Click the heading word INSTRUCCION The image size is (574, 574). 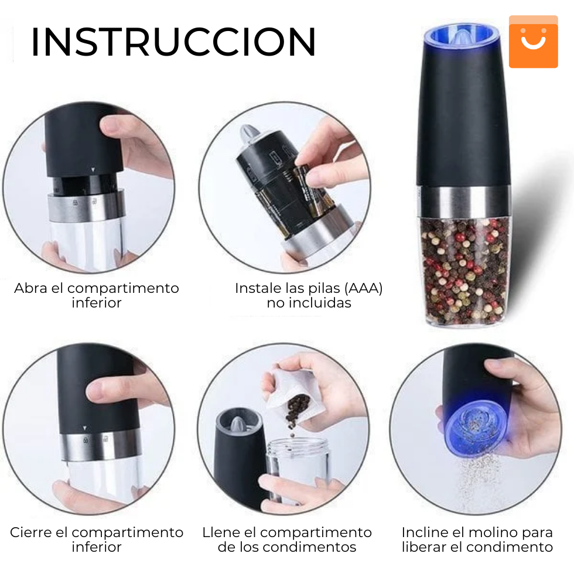point(173,42)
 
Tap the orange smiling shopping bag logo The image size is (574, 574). point(533,42)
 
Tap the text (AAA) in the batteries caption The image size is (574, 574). point(363,288)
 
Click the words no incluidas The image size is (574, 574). point(309,303)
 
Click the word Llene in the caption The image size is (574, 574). point(221,532)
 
